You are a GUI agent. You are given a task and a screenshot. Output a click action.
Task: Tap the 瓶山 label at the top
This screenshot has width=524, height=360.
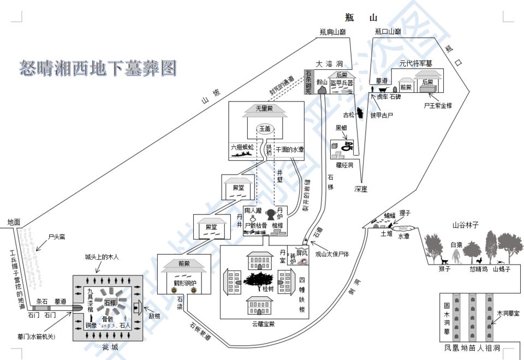(x=361, y=17)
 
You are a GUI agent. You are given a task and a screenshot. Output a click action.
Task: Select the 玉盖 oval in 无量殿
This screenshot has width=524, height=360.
(x=265, y=129)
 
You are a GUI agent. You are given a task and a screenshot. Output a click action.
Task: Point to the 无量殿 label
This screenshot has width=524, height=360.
(x=265, y=109)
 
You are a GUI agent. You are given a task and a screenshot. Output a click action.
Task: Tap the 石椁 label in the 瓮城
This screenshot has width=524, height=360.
(x=109, y=302)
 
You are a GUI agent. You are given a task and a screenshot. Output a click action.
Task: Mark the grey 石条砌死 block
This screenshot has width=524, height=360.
(x=308, y=82)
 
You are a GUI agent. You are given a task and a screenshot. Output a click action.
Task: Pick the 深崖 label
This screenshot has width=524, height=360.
(x=360, y=189)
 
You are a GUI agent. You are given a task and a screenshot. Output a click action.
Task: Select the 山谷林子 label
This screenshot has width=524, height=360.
(x=465, y=225)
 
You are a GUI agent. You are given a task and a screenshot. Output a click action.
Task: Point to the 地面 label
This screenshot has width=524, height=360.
(x=14, y=221)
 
